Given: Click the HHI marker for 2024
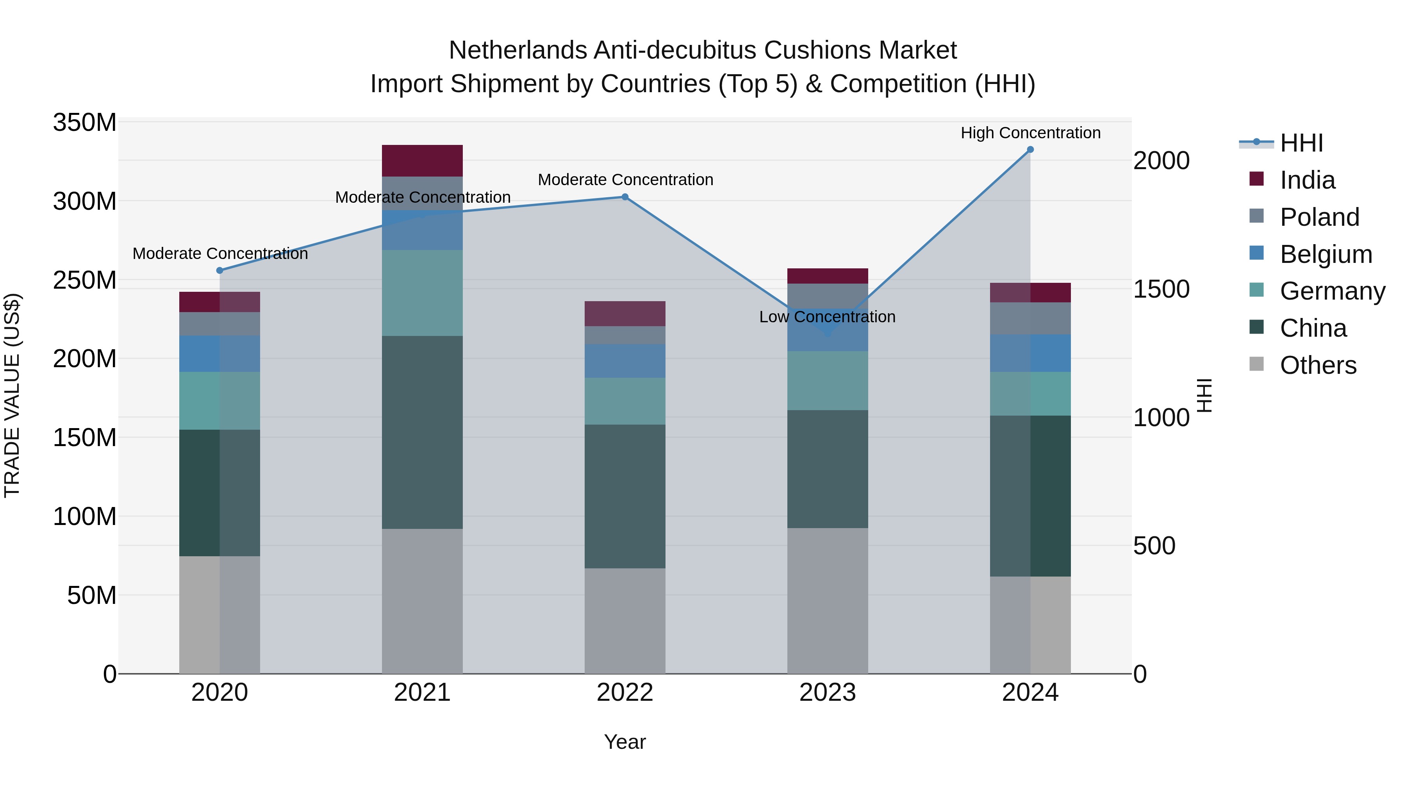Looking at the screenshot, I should point(1030,150).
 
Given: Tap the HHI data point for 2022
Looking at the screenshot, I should point(625,197).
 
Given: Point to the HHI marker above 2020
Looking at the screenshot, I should point(220,270).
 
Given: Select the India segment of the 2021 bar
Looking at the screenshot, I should point(422,161).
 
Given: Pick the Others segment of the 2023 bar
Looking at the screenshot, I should point(828,600).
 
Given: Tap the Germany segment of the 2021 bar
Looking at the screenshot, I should point(422,293).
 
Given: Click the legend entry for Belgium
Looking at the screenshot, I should point(1325,254).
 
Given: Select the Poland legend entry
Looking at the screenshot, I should point(1319,217).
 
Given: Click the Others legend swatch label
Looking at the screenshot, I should point(1318,365).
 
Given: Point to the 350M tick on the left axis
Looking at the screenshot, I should point(85,123).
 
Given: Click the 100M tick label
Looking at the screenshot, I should point(85,516).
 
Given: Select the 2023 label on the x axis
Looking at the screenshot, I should point(828,693).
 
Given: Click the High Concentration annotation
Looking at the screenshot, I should point(1030,133).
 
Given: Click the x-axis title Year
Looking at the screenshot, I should point(624,742).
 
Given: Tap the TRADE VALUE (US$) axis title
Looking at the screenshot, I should point(12,395).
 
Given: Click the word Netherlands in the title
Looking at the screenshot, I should point(517,50).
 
